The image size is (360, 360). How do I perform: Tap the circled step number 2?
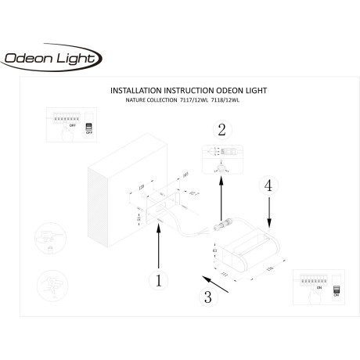pos(221,130)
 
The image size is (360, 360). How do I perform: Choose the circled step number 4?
pos(268,186)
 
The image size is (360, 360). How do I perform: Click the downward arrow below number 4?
pos(268,211)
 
